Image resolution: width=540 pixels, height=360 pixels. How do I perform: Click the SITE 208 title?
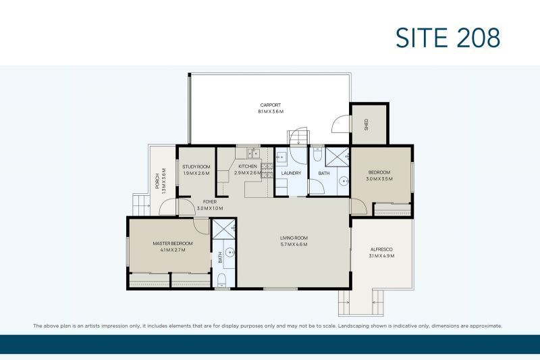[x=448, y=38]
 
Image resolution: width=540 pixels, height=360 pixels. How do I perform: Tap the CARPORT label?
[x=270, y=105]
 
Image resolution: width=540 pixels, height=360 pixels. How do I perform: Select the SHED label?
[x=367, y=124]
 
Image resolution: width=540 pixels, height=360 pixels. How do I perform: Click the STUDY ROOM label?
[x=196, y=166]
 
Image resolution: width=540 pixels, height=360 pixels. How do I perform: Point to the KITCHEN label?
[x=247, y=166]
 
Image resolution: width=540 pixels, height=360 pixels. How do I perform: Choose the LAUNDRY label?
[x=291, y=174]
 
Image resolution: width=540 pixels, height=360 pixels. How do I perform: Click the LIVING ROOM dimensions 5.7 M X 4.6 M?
[x=294, y=245]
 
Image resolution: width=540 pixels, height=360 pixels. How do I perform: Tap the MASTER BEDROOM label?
[x=172, y=243]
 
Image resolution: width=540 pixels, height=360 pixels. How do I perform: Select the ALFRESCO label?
[x=381, y=249]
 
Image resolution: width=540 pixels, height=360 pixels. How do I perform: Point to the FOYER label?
[x=209, y=201]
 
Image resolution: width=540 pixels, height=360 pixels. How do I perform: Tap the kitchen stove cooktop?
[x=266, y=170]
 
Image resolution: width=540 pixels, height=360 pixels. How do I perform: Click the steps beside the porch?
[x=140, y=203]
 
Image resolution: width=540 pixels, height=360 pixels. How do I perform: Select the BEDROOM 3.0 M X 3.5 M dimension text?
[x=378, y=180]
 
